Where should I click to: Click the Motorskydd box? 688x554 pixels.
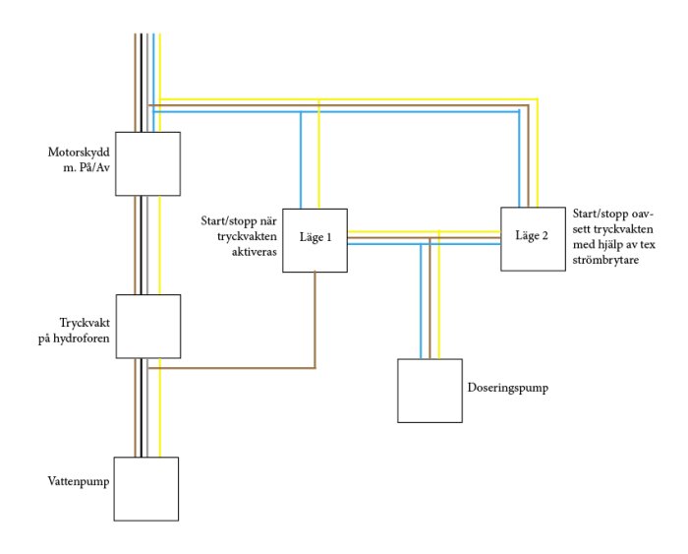click(147, 164)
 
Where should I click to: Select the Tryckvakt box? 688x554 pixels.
click(148, 327)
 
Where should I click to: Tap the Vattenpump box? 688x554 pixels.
click(146, 489)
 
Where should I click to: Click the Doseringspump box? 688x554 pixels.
click(430, 391)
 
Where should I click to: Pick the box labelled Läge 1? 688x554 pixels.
click(315, 240)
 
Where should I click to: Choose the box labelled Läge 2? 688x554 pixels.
click(533, 239)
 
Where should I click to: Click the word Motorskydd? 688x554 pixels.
click(79, 153)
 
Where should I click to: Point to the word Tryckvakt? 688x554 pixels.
click(85, 324)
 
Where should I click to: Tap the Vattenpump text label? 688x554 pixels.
click(79, 481)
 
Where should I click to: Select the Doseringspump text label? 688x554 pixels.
click(508, 388)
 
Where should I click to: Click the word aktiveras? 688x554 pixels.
click(255, 252)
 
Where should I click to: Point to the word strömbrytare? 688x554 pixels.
click(605, 260)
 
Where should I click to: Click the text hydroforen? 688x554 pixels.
click(82, 339)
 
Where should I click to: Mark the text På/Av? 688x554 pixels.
click(94, 168)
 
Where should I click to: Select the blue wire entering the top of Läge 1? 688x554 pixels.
click(301, 160)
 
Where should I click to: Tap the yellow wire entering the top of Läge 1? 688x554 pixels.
click(319, 154)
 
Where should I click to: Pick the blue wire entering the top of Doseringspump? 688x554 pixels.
click(421, 301)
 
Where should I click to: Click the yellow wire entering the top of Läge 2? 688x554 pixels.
click(537, 153)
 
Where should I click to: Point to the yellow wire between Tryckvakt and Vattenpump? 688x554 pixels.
click(159, 407)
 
